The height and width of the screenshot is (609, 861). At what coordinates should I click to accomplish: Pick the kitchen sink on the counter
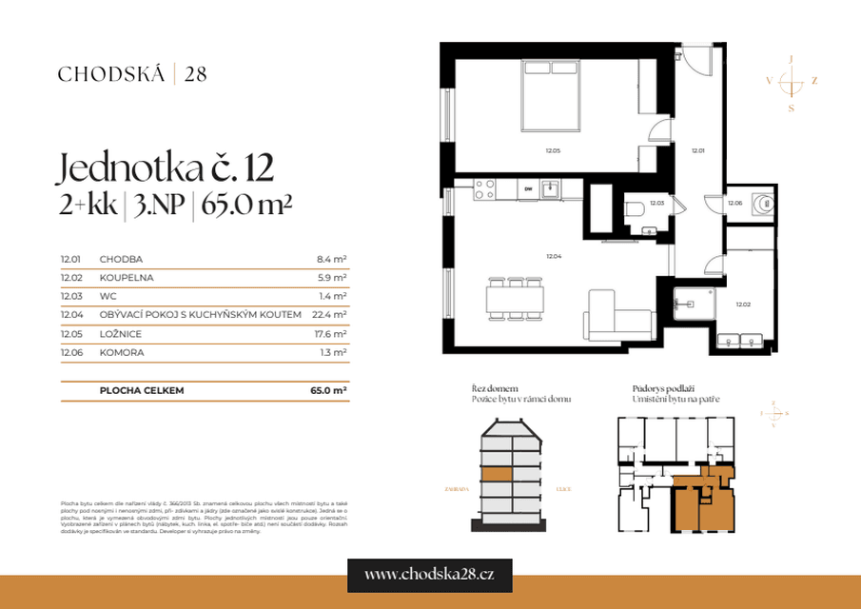point(550,189)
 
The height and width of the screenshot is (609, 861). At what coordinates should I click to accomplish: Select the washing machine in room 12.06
point(763,203)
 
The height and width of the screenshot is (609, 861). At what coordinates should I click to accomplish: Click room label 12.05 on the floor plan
point(553,150)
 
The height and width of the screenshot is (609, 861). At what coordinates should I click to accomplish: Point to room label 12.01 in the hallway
point(697,150)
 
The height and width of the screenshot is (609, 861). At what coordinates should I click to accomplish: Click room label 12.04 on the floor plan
point(553,255)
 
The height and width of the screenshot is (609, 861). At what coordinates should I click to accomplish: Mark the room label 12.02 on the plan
point(743,304)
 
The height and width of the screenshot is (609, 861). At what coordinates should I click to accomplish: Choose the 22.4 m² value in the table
point(329,315)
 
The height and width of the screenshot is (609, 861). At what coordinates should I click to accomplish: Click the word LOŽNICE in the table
point(120,333)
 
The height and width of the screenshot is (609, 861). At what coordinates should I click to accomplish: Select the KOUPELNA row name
point(126,278)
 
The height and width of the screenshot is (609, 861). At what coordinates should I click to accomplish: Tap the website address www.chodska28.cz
point(430,574)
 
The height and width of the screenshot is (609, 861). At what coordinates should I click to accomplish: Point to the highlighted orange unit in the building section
point(496,475)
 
